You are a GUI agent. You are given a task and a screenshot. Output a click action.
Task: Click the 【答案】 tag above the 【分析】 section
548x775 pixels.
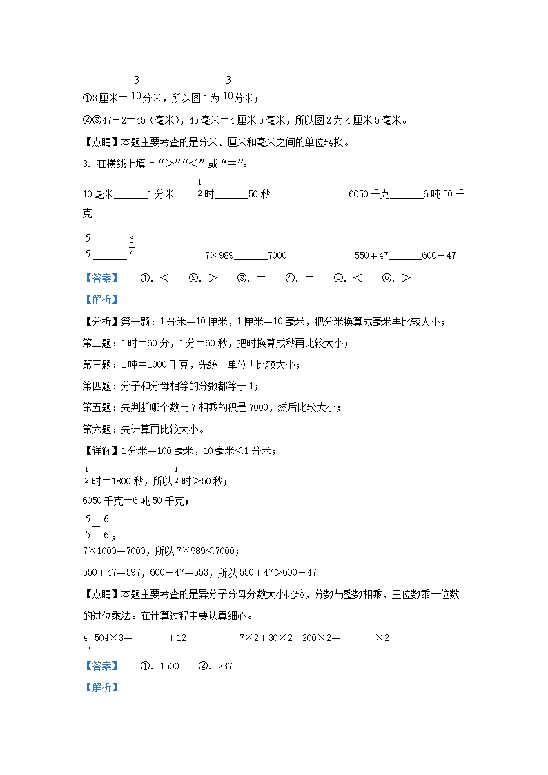point(100,277)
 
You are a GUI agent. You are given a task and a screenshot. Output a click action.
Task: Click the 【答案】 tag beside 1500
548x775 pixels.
point(100,666)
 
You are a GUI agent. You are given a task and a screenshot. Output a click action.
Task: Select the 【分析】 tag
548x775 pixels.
point(101,322)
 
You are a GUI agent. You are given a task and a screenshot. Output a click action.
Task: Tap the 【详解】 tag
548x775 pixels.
point(101,451)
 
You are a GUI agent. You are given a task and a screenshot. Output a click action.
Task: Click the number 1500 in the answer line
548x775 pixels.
point(169,666)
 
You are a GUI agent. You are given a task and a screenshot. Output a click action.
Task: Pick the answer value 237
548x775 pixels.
point(224,666)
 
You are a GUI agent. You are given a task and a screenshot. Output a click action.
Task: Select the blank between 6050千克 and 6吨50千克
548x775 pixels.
point(407,195)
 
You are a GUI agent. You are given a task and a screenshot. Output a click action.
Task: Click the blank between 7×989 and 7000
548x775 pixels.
point(251,256)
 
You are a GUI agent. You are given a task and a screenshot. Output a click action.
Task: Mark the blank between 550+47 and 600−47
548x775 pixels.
point(405,256)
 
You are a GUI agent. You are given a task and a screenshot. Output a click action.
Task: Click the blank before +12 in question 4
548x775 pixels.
point(150,638)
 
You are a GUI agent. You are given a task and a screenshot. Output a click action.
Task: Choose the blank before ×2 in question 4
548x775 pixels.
point(358,638)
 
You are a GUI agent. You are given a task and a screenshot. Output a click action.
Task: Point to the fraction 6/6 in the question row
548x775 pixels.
point(131,248)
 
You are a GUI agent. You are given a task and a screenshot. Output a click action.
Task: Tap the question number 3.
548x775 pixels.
point(86,164)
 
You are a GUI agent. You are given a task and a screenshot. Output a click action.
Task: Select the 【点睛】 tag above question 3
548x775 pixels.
point(101,143)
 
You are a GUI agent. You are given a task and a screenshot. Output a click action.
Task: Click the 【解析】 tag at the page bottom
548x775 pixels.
point(100,687)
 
